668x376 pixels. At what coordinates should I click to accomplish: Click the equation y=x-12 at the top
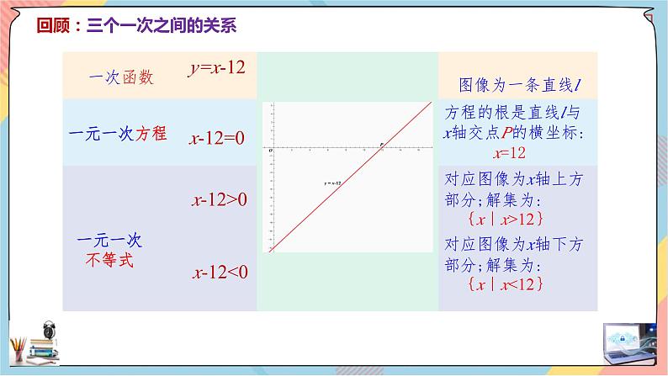(216, 68)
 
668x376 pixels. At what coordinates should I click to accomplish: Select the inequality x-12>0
(219, 199)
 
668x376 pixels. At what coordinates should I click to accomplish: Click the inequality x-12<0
(219, 272)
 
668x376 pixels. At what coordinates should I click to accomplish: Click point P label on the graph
(381, 145)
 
